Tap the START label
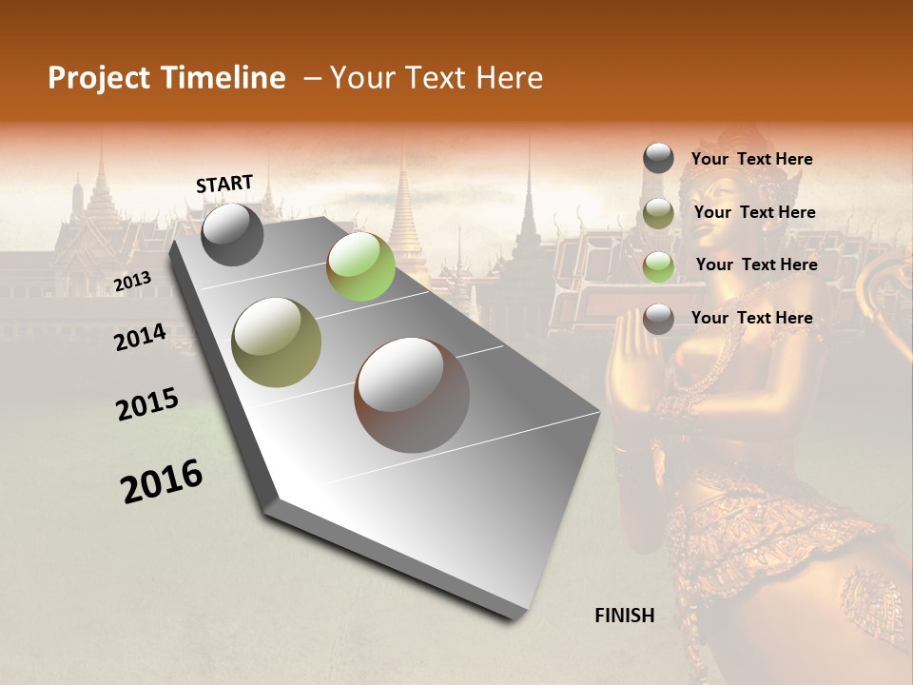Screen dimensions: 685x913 coord(224,184)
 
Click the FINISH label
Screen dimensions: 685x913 coord(625,616)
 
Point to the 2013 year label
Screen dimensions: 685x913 coord(133,281)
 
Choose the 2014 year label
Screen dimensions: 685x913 coord(140,337)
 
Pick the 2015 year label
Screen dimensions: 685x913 coord(147,404)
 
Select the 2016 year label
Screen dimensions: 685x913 coord(162,481)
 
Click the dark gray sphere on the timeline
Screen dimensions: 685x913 coord(233,234)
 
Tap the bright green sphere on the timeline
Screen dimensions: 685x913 coord(360,266)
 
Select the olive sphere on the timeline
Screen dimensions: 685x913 coord(277,342)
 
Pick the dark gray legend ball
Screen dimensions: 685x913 coord(658,158)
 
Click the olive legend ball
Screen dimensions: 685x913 coord(658,213)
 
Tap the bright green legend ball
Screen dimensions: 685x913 coord(658,266)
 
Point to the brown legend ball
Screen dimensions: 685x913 coord(658,319)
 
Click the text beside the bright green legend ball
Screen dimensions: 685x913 coord(756,264)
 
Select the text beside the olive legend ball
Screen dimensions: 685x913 coord(755,212)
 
